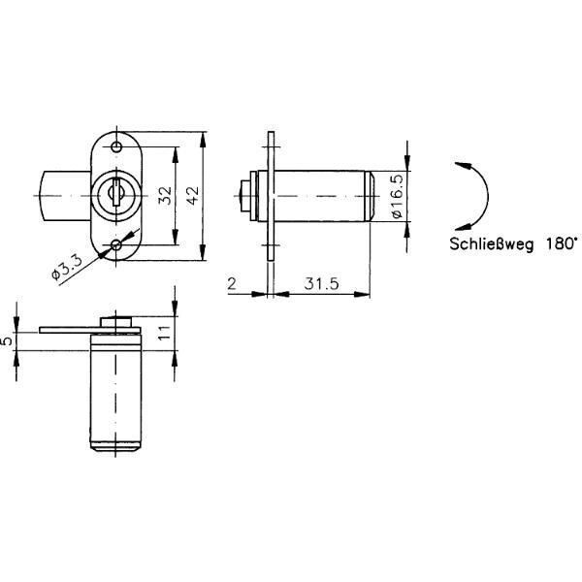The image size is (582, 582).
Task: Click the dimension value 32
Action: coord(166,195)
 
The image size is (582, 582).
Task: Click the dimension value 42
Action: coord(193,195)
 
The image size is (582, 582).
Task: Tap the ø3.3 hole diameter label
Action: coord(67,268)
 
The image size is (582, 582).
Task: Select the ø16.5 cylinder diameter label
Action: coord(397,196)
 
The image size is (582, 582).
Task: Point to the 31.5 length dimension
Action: coord(321,283)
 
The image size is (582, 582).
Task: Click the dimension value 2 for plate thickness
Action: coord(232,284)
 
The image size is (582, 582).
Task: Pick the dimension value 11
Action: coord(164,332)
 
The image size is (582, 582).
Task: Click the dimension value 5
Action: coord(7,340)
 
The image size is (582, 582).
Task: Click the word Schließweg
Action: coord(492,243)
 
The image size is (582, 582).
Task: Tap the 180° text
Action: coord(562,243)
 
